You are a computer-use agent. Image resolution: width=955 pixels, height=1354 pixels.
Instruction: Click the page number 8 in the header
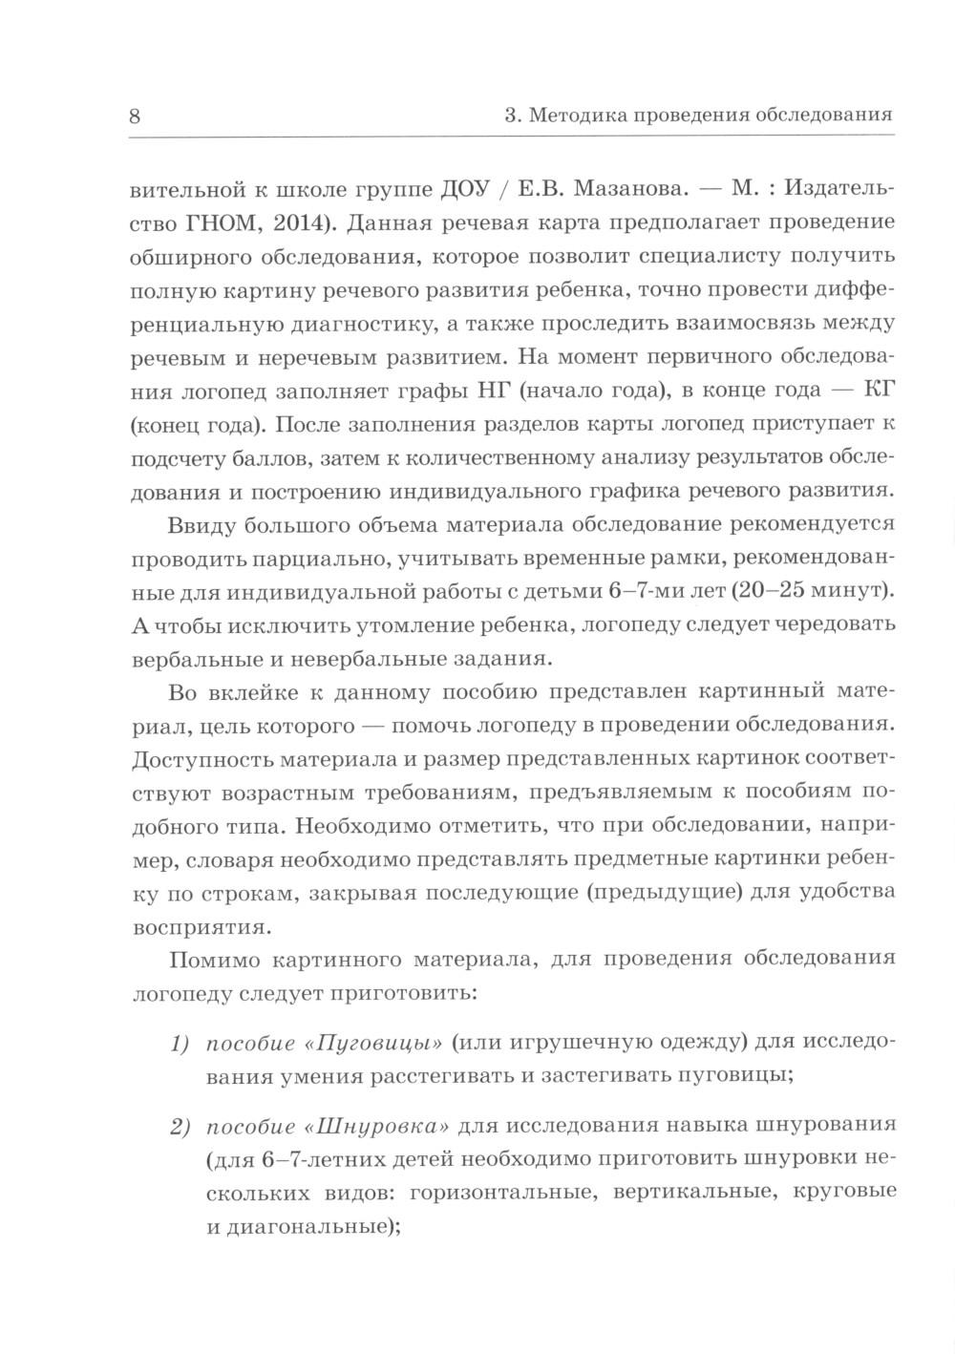coord(134,116)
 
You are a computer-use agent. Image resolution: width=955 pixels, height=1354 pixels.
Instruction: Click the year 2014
coord(295,223)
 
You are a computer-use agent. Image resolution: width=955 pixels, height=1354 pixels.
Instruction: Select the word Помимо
coord(207,959)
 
